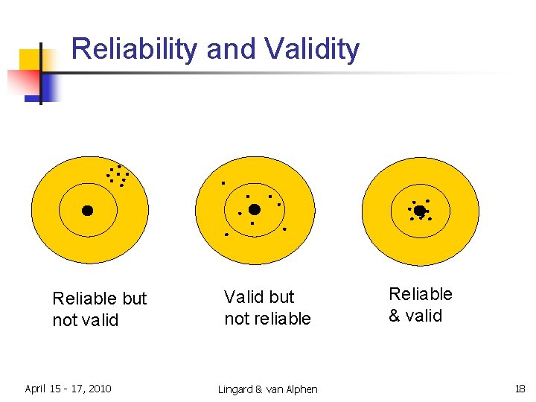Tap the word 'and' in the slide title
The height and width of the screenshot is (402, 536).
point(232,50)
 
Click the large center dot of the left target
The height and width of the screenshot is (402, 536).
point(87,211)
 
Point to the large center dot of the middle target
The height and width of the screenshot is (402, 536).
point(254,209)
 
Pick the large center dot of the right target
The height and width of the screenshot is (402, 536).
point(419,211)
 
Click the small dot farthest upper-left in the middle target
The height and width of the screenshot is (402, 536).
point(223,182)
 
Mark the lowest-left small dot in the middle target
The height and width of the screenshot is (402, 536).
point(226,234)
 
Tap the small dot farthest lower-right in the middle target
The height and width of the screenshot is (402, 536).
point(284,229)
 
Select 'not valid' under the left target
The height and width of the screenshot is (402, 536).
point(85,320)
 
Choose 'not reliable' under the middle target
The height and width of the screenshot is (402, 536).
point(267,319)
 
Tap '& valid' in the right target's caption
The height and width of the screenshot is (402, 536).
point(415,316)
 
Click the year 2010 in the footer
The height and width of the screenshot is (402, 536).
point(98,389)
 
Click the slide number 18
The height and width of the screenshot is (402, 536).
point(519,389)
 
